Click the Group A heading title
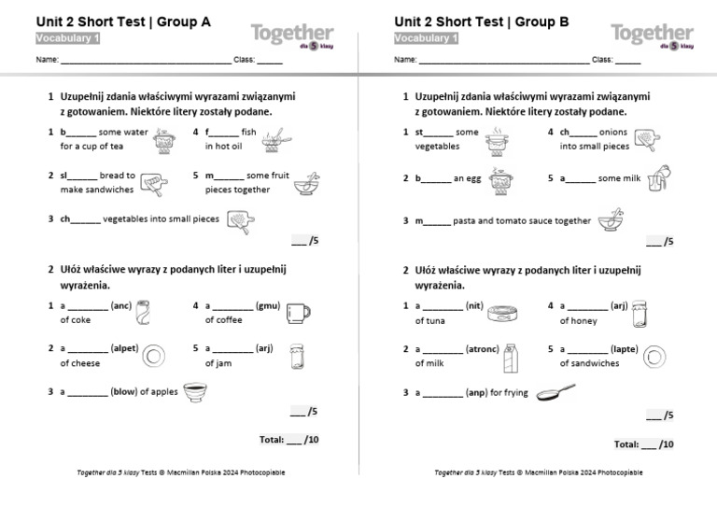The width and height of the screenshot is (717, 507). coord(122,21)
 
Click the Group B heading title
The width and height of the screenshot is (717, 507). coord(481,21)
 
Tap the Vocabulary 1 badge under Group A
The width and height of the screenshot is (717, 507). coord(68,38)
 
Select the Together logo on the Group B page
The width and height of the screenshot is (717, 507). coord(652,35)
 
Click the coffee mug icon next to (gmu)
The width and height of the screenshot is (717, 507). coord(298,313)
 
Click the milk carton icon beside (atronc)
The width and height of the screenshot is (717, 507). coord(511,357)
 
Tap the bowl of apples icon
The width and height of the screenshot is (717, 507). coord(195,392)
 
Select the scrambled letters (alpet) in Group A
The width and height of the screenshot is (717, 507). coord(124,348)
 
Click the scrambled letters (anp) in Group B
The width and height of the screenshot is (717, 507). coord(476,393)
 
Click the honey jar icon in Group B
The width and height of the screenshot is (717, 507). coord(640,313)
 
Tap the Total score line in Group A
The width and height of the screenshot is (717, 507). coord(288,439)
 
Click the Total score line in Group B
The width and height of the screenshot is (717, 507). coord(643,444)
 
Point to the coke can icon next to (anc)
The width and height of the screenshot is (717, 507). coord(143,313)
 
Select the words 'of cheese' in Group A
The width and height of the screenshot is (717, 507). coord(80,363)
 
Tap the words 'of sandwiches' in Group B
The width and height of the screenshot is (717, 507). coord(589,363)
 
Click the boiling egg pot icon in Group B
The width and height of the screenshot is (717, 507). coord(501,180)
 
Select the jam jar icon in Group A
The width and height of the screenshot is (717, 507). coord(297,356)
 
